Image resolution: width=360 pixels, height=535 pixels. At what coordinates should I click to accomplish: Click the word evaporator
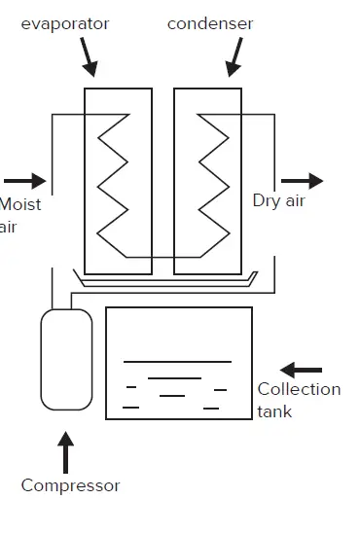[x=65, y=22]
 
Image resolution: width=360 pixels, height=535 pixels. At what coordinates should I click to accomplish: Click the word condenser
[x=210, y=22]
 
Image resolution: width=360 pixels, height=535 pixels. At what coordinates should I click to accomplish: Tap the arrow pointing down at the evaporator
[x=89, y=59]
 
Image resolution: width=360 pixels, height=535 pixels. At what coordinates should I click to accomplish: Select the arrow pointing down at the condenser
[x=233, y=58]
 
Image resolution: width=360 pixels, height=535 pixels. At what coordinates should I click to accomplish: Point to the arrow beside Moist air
[x=25, y=180]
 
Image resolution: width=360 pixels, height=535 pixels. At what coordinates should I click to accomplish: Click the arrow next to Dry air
[x=302, y=181]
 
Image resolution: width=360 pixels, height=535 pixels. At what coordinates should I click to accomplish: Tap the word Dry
[x=267, y=201]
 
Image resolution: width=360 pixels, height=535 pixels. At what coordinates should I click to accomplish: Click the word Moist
[x=20, y=204]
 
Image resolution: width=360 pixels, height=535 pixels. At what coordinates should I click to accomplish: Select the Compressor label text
[x=70, y=484]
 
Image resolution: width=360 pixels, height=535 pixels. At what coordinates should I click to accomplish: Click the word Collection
[x=299, y=389]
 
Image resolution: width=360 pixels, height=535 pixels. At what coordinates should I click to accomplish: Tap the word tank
[x=274, y=411]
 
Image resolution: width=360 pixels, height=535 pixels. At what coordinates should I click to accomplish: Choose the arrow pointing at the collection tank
[x=301, y=370]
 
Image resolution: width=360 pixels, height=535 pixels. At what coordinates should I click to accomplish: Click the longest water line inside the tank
[x=177, y=362]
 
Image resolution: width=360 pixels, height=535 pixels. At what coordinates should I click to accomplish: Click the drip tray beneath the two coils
[x=165, y=284]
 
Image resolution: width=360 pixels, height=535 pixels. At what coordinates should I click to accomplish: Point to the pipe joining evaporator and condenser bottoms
[x=162, y=258]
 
